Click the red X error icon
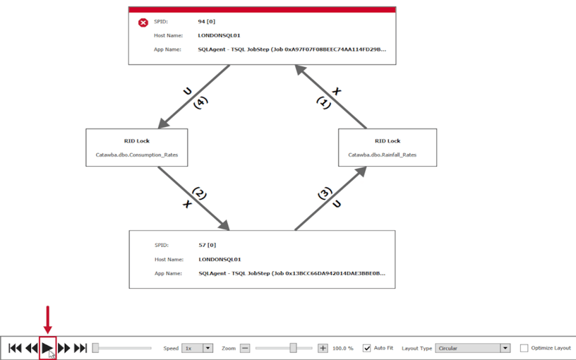coord(143,23)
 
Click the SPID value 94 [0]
coord(206,22)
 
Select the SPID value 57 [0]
coord(207,245)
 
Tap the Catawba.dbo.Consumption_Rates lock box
coord(137,147)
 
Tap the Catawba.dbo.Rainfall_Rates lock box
coord(388,147)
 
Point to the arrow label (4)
coord(200,102)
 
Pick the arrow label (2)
coord(199,193)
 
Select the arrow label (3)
coord(324,193)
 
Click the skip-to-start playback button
coord(15,348)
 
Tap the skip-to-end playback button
coord(80,348)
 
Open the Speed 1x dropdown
coord(198,348)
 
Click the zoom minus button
coord(245,348)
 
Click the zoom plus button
coord(323,348)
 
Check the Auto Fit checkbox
coord(366,348)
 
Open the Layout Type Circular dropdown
coord(473,348)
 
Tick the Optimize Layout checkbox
coord(524,348)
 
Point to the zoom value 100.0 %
coord(343,349)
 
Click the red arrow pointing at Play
coord(47,320)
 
